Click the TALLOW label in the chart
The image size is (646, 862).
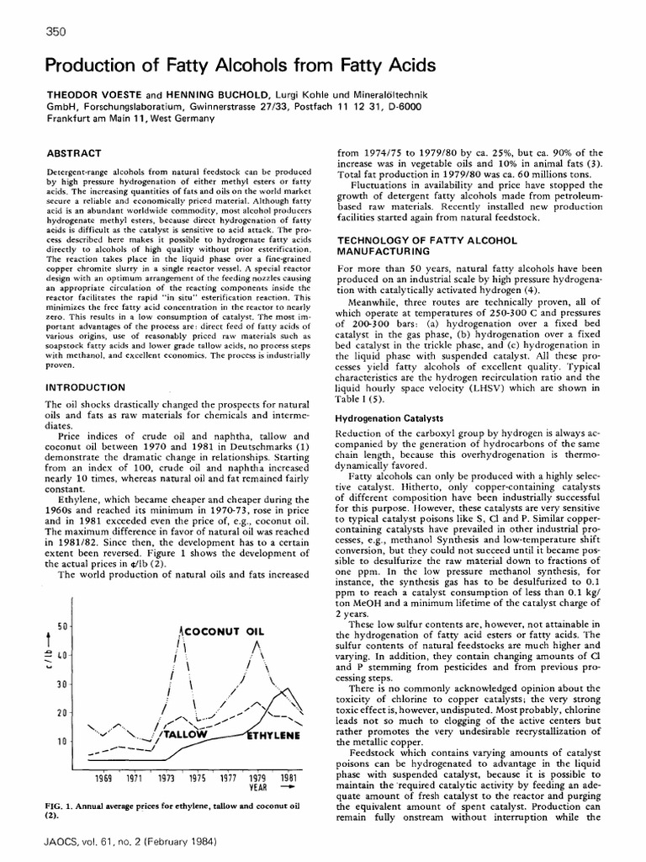pos(186,735)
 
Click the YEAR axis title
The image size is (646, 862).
pos(257,789)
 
